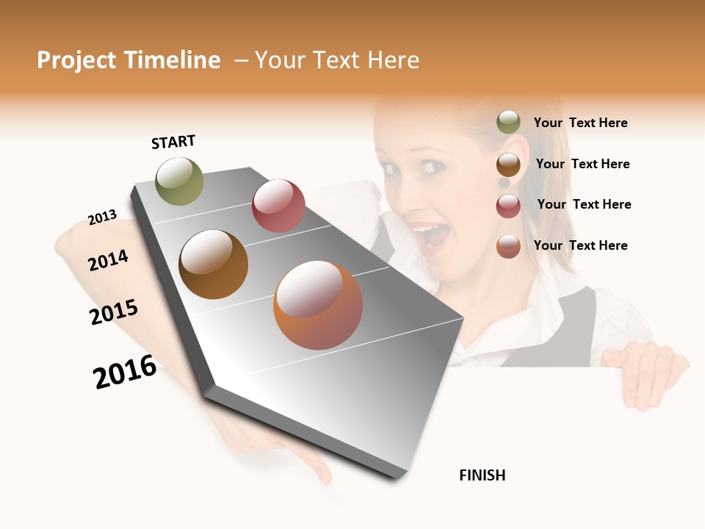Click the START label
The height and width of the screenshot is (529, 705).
tap(173, 142)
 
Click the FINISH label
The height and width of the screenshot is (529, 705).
tap(482, 475)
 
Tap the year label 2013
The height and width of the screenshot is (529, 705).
tap(102, 217)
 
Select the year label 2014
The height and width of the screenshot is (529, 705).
tap(108, 260)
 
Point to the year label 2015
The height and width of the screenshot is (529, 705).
tap(114, 312)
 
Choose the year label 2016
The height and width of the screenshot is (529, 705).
tap(125, 372)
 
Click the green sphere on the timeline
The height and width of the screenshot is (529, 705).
tap(180, 181)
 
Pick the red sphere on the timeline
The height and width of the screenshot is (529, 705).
tap(278, 206)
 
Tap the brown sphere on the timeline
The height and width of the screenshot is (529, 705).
tap(214, 264)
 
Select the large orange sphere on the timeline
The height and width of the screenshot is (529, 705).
tap(318, 305)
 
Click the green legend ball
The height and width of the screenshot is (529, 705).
tap(508, 122)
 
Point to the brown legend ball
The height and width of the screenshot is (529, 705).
tap(508, 165)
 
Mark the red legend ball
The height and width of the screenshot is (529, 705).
tap(508, 206)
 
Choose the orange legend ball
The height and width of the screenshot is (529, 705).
tap(508, 246)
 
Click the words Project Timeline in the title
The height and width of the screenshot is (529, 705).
tap(129, 60)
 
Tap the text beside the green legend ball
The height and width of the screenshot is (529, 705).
tap(580, 123)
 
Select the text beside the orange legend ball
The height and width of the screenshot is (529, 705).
tap(580, 245)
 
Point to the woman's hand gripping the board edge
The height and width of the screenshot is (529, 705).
tap(646, 371)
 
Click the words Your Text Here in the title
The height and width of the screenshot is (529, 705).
tap(337, 60)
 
